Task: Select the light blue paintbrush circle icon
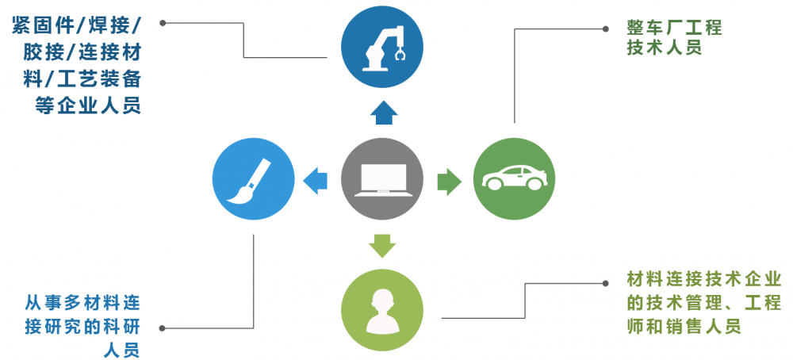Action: point(252,179)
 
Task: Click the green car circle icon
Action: point(514,179)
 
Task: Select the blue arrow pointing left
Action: point(316,180)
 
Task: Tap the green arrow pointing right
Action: point(449,180)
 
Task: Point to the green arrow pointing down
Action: point(382,246)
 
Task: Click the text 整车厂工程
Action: point(674,28)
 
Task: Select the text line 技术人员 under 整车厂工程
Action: point(665,48)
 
